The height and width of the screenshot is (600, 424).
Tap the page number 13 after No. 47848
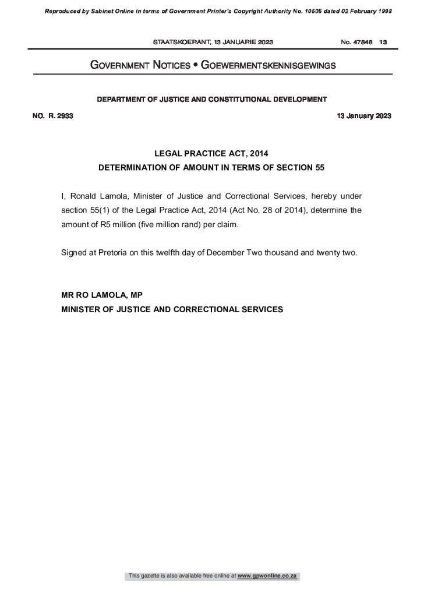383,43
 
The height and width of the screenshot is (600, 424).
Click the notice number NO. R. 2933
52,116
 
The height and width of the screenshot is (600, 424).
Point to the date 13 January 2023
364,116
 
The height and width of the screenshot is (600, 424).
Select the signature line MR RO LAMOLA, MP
102,295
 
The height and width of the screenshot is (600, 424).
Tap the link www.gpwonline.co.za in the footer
267,576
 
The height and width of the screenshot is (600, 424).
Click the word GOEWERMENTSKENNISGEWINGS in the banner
268,66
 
